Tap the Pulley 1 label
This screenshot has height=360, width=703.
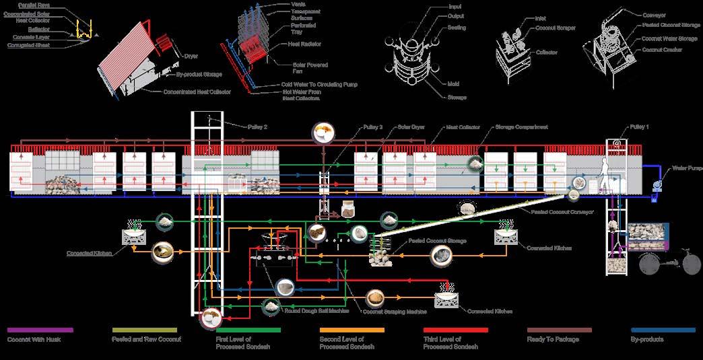(638, 127)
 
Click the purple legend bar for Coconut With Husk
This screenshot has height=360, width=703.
(40, 330)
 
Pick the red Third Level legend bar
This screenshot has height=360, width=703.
(456, 330)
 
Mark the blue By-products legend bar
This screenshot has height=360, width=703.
(663, 330)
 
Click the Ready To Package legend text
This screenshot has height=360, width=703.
(553, 339)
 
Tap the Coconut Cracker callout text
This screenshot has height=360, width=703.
(663, 50)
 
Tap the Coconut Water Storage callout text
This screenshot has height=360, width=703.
(669, 39)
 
